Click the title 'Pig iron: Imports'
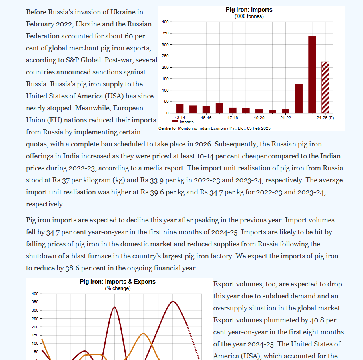coord(249,10)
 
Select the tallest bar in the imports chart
coord(312,74)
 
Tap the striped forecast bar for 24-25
coord(325,87)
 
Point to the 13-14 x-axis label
coord(180,118)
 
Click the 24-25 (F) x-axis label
coord(325,118)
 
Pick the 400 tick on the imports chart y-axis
coord(165,22)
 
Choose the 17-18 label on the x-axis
coord(233,118)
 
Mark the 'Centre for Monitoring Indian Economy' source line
coord(214,128)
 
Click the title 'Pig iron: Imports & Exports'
coord(118,282)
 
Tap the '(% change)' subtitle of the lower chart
coord(118,288)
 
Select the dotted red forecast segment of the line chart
coord(193,340)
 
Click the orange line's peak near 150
coord(144,334)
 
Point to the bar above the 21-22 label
coord(285,111)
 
